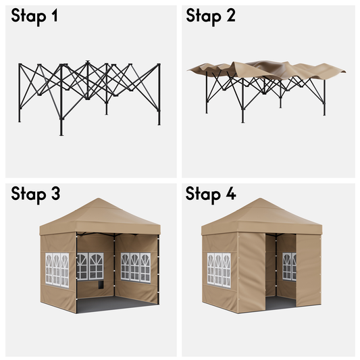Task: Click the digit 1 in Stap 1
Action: (55, 16)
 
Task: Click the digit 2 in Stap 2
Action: (231, 16)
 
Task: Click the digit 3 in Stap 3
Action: (55, 194)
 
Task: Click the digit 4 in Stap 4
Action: (231, 193)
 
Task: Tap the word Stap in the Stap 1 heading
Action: (28, 17)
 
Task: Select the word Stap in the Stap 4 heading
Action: (203, 195)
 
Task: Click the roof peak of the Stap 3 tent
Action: (99, 199)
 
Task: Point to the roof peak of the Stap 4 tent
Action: (260, 199)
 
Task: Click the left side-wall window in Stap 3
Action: (57, 270)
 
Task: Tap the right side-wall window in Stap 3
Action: (136, 267)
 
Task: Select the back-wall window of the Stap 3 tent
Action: (90, 266)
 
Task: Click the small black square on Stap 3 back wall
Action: (101, 284)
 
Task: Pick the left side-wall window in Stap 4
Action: (219, 270)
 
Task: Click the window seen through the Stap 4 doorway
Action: (289, 267)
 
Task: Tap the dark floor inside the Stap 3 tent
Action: (115, 305)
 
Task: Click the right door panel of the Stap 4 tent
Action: (309, 270)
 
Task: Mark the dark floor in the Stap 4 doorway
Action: (280, 303)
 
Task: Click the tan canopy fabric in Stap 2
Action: (266, 70)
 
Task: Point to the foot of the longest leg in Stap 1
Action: (61, 135)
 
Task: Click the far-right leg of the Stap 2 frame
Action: (324, 97)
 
